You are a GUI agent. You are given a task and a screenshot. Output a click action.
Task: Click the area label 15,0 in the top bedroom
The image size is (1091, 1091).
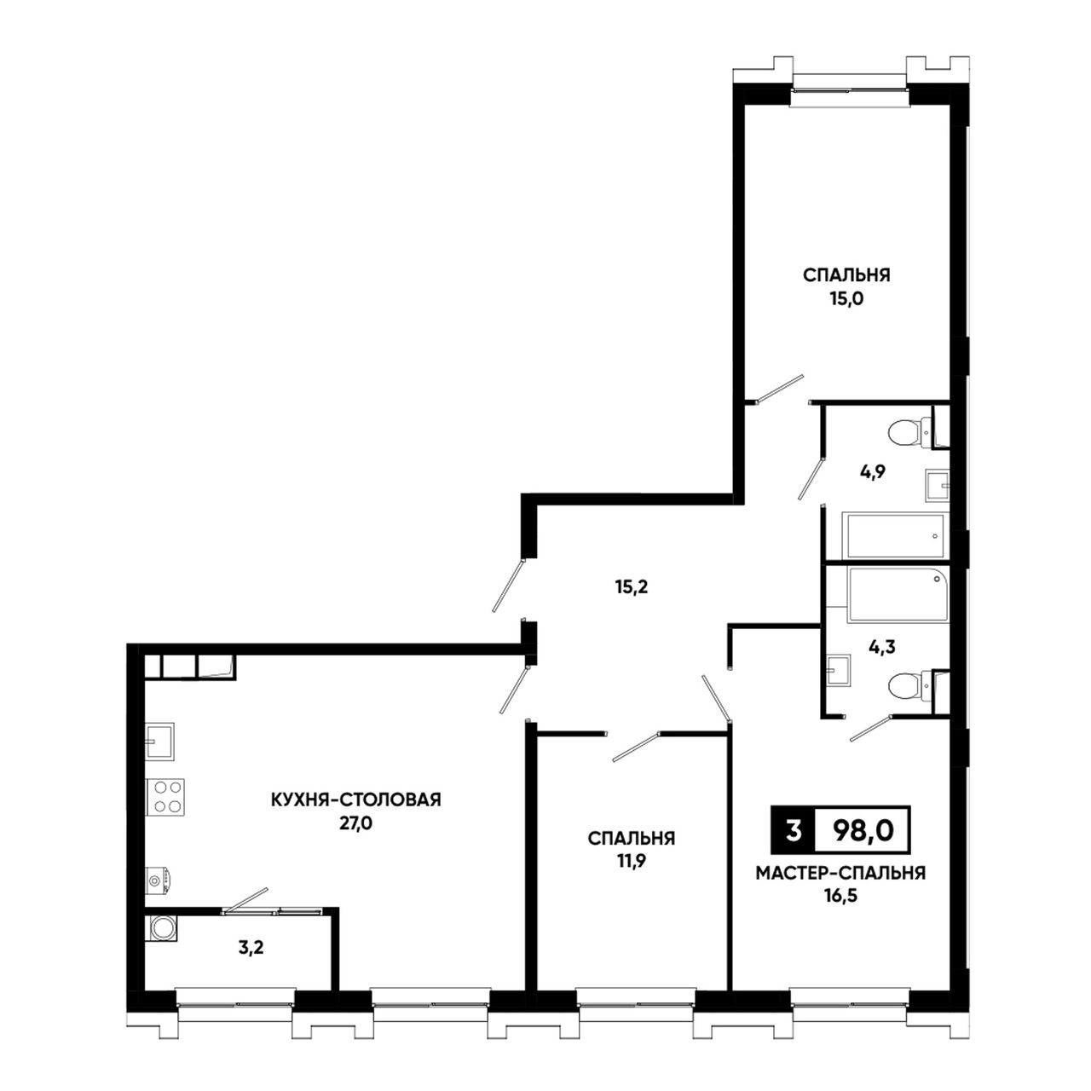point(846,299)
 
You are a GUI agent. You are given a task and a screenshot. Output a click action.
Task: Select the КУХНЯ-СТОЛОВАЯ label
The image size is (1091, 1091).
point(356,799)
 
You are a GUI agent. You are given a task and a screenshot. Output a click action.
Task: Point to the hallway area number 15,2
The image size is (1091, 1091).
point(632,587)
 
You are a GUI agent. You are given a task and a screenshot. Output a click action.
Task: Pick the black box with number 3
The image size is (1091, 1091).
point(794,830)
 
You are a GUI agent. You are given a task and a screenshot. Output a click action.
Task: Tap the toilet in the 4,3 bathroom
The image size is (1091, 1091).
point(910,687)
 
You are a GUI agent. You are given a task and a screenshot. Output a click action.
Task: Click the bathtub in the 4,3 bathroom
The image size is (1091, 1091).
point(898,595)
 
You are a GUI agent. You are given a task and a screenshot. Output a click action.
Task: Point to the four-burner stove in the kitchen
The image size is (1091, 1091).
point(165,797)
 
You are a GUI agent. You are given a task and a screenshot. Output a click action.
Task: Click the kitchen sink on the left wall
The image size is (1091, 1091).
point(160,742)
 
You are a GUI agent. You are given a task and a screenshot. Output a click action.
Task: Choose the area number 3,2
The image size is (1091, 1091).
point(251,948)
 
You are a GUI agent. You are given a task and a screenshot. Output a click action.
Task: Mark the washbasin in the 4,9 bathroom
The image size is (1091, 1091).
point(938,485)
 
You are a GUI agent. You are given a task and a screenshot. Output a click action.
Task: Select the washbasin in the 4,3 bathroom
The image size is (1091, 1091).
point(838,671)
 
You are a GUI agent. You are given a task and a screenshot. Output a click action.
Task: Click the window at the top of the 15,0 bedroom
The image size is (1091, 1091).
point(849,89)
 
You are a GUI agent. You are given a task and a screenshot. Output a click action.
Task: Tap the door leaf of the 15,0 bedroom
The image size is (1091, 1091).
point(780,389)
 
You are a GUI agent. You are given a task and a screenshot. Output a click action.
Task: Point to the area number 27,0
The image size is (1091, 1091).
point(356,823)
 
